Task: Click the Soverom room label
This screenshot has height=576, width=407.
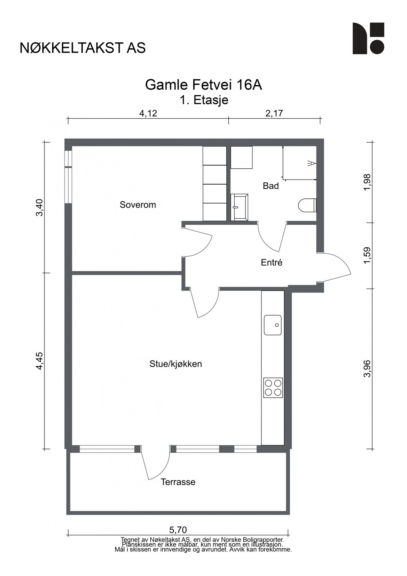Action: pos(138,205)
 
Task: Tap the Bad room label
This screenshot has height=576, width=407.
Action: pos(270,186)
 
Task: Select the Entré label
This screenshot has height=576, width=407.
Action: pos(271,263)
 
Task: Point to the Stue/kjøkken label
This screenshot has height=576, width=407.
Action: pos(176,364)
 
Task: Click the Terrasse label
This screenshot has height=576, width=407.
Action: pos(178,482)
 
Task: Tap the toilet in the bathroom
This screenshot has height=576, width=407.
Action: pos(307,205)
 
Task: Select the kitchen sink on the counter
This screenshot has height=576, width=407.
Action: pos(273,325)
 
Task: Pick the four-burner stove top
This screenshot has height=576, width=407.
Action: pos(273,388)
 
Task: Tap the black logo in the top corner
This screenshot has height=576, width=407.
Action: pos(368,38)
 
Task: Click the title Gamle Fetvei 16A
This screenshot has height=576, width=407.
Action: pos(204,85)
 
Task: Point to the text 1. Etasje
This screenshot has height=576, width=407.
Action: pos(204,100)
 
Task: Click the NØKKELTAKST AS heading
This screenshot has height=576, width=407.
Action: pos(83,48)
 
